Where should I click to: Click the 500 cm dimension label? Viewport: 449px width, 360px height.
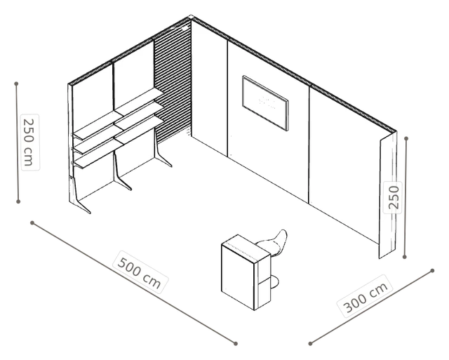(x=140, y=272)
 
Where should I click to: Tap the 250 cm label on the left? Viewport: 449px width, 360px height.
(x=30, y=142)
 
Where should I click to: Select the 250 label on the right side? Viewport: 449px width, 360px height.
(x=393, y=197)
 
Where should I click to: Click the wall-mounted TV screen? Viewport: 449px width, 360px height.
(x=265, y=103)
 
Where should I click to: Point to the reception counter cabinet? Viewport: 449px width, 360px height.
(x=246, y=272)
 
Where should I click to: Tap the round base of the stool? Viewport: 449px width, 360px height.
(x=274, y=282)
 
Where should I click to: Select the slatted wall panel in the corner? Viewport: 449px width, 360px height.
(x=173, y=83)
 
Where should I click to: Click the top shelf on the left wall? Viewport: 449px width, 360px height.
(x=118, y=113)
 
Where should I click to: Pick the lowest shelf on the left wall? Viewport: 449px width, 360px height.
(x=118, y=142)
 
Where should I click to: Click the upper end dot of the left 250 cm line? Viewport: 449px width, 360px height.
(x=16, y=84)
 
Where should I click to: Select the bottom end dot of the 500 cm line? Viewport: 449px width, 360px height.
(x=236, y=343)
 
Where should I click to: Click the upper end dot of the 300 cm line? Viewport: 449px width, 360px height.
(x=432, y=271)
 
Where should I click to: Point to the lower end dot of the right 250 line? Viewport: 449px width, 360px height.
(x=404, y=257)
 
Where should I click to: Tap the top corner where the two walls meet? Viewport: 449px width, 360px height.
(x=191, y=16)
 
